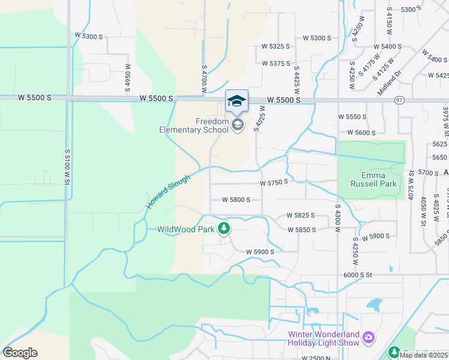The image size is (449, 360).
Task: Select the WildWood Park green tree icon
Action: point(224,228)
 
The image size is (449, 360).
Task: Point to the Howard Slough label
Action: point(169,192)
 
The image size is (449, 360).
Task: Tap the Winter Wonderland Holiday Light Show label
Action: point(323,338)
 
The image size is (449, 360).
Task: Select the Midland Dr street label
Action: point(390,79)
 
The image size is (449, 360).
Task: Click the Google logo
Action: point(20,352)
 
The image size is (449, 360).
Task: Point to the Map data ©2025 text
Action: point(423,355)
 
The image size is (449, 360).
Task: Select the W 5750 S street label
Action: point(274,182)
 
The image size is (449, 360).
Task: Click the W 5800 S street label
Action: point(236,200)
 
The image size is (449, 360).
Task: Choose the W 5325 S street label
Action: point(276,46)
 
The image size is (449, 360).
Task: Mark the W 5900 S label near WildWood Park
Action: point(260,252)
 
